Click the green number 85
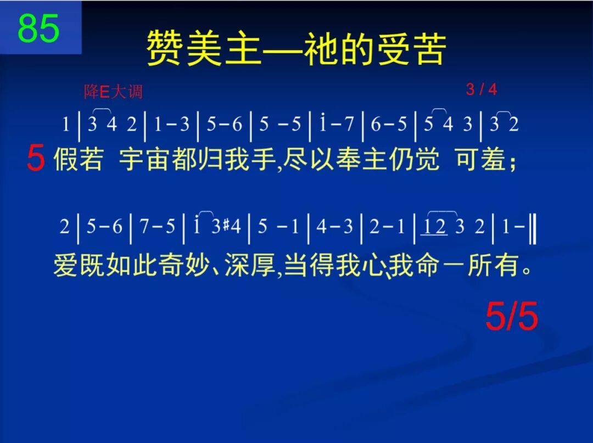tap(38, 29)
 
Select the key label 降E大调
tap(113, 91)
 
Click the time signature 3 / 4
tap(482, 89)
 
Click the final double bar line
tap(533, 226)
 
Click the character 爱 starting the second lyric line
tap(65, 266)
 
